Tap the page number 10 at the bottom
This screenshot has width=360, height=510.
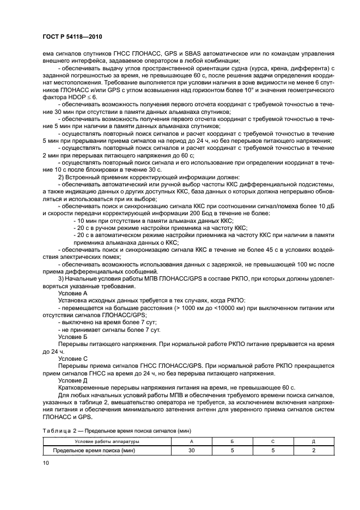click(46, 463)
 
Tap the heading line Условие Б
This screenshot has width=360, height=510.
click(72, 337)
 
